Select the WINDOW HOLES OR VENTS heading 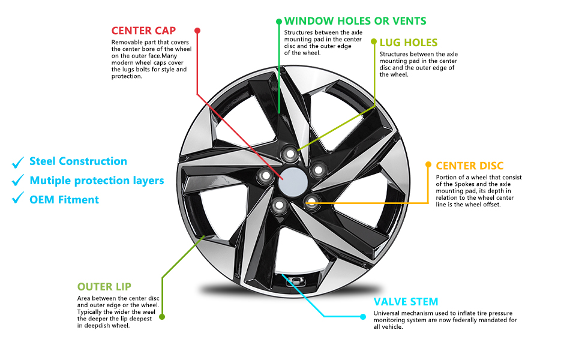point(355,21)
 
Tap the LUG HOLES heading point(409,43)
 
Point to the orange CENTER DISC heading point(470,166)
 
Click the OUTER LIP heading point(104,287)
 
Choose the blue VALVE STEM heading point(406,302)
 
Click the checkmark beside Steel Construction point(17,162)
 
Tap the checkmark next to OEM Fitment point(17,200)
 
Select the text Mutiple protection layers point(97,181)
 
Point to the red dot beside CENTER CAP point(197,30)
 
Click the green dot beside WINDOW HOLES point(279,21)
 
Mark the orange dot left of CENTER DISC point(428,164)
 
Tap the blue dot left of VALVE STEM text point(363,316)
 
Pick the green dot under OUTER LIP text point(162,316)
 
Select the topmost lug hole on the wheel point(290,154)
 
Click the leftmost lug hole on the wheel point(265,175)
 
